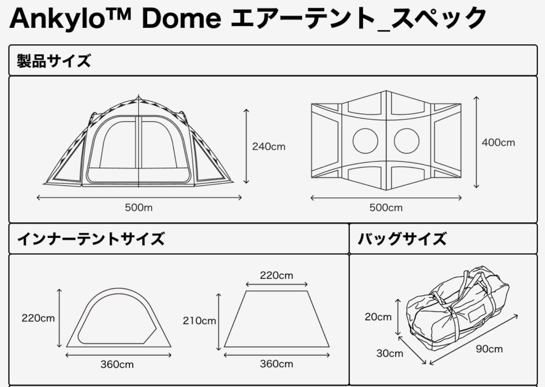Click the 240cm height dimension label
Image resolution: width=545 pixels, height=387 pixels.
269,147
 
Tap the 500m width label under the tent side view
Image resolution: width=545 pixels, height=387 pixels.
138,208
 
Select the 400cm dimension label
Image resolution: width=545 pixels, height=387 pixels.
498,143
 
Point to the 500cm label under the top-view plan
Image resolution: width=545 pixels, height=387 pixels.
386,208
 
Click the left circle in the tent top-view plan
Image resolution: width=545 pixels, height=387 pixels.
365,141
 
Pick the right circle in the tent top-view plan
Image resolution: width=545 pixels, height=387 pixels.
406,141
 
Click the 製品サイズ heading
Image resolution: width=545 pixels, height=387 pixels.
54,61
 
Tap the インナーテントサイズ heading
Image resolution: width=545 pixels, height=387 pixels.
91,239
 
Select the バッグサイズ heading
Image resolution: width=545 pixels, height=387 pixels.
402,239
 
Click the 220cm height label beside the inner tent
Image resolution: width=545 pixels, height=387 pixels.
38,318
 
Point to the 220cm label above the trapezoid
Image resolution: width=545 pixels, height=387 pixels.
276,276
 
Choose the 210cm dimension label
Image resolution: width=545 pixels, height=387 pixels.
199,321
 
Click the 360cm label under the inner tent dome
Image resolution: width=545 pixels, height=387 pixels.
117,364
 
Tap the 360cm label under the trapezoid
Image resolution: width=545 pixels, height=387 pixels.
276,364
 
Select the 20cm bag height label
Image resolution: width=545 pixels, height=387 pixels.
378,317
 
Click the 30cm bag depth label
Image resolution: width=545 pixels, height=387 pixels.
389,353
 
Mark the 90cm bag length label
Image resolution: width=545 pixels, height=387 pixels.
489,349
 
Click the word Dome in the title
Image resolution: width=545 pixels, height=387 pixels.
181,18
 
